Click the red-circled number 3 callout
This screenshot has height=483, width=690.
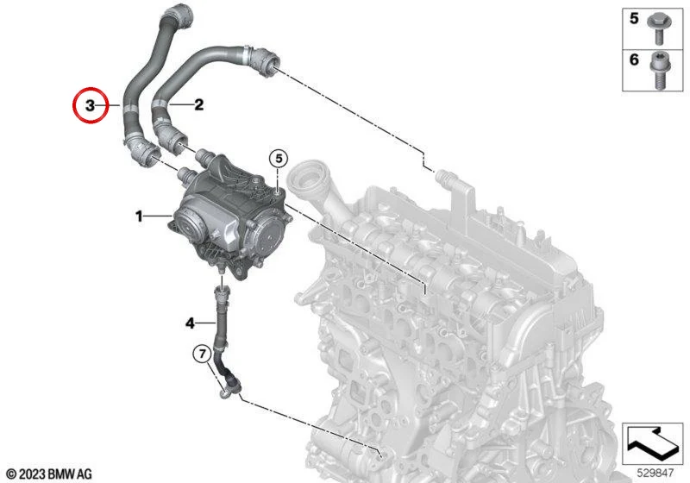[x=90, y=105]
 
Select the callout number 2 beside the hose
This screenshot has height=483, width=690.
[x=199, y=104]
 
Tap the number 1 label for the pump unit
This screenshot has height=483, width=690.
[x=139, y=216]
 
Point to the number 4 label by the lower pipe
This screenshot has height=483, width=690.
[x=190, y=323]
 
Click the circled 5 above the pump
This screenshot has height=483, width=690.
[x=279, y=159]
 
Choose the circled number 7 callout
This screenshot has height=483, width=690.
[x=203, y=354]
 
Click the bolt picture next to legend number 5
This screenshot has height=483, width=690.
[x=658, y=28]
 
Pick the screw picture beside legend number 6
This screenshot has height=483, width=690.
[x=659, y=70]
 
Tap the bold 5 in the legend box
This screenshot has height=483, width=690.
[x=634, y=18]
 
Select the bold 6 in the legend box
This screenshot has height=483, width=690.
[x=634, y=60]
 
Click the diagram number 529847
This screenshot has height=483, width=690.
[x=655, y=473]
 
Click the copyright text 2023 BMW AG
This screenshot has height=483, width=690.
[x=50, y=474]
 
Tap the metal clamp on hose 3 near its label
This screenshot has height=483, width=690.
[x=129, y=107]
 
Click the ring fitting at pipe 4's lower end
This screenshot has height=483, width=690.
[x=225, y=392]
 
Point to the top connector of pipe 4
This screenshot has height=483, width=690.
[x=222, y=294]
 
